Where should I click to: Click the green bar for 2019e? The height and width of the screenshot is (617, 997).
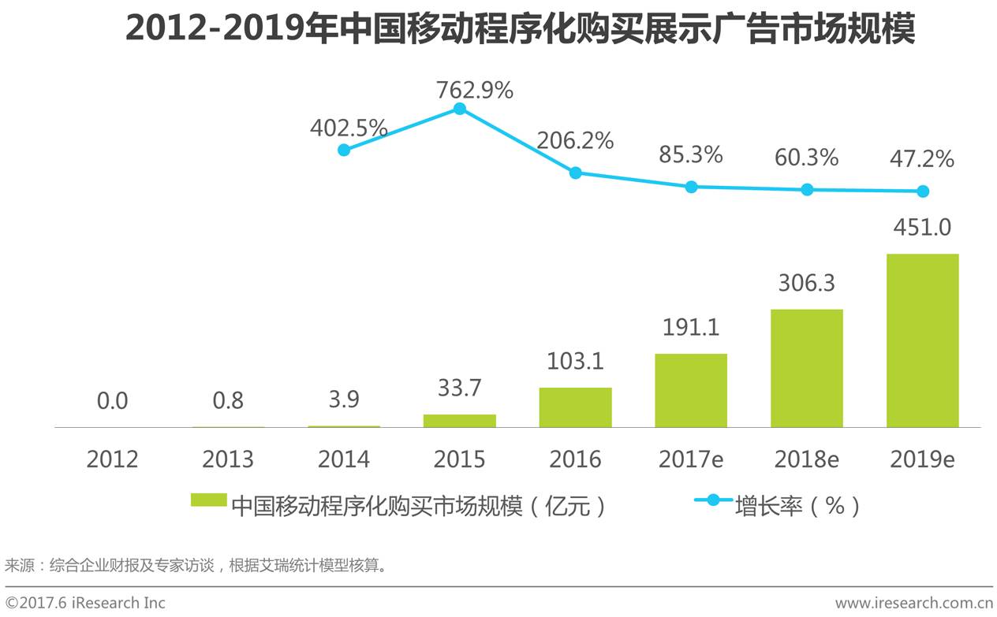922,340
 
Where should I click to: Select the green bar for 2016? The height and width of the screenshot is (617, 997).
575,407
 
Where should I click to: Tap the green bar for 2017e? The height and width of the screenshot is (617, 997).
691,391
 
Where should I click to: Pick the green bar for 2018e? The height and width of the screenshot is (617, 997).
806,368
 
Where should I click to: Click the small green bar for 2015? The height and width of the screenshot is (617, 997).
460,421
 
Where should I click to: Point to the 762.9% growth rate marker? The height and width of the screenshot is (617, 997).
460,109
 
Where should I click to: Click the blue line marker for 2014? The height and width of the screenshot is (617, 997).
344,150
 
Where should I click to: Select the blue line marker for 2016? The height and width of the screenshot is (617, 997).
575,173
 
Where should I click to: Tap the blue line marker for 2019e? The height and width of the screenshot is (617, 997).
923,191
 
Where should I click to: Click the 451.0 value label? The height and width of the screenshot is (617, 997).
922,228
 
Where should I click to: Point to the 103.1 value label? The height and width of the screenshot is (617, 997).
575,361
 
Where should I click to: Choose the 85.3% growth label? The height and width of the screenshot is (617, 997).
691,154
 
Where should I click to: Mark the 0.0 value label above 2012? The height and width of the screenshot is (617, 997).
112,401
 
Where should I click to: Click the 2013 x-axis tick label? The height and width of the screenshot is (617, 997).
228,459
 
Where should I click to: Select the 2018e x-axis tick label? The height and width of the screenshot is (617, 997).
806,459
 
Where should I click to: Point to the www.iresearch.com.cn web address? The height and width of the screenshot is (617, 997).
913,603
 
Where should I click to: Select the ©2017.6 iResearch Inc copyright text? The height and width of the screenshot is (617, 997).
85,603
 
